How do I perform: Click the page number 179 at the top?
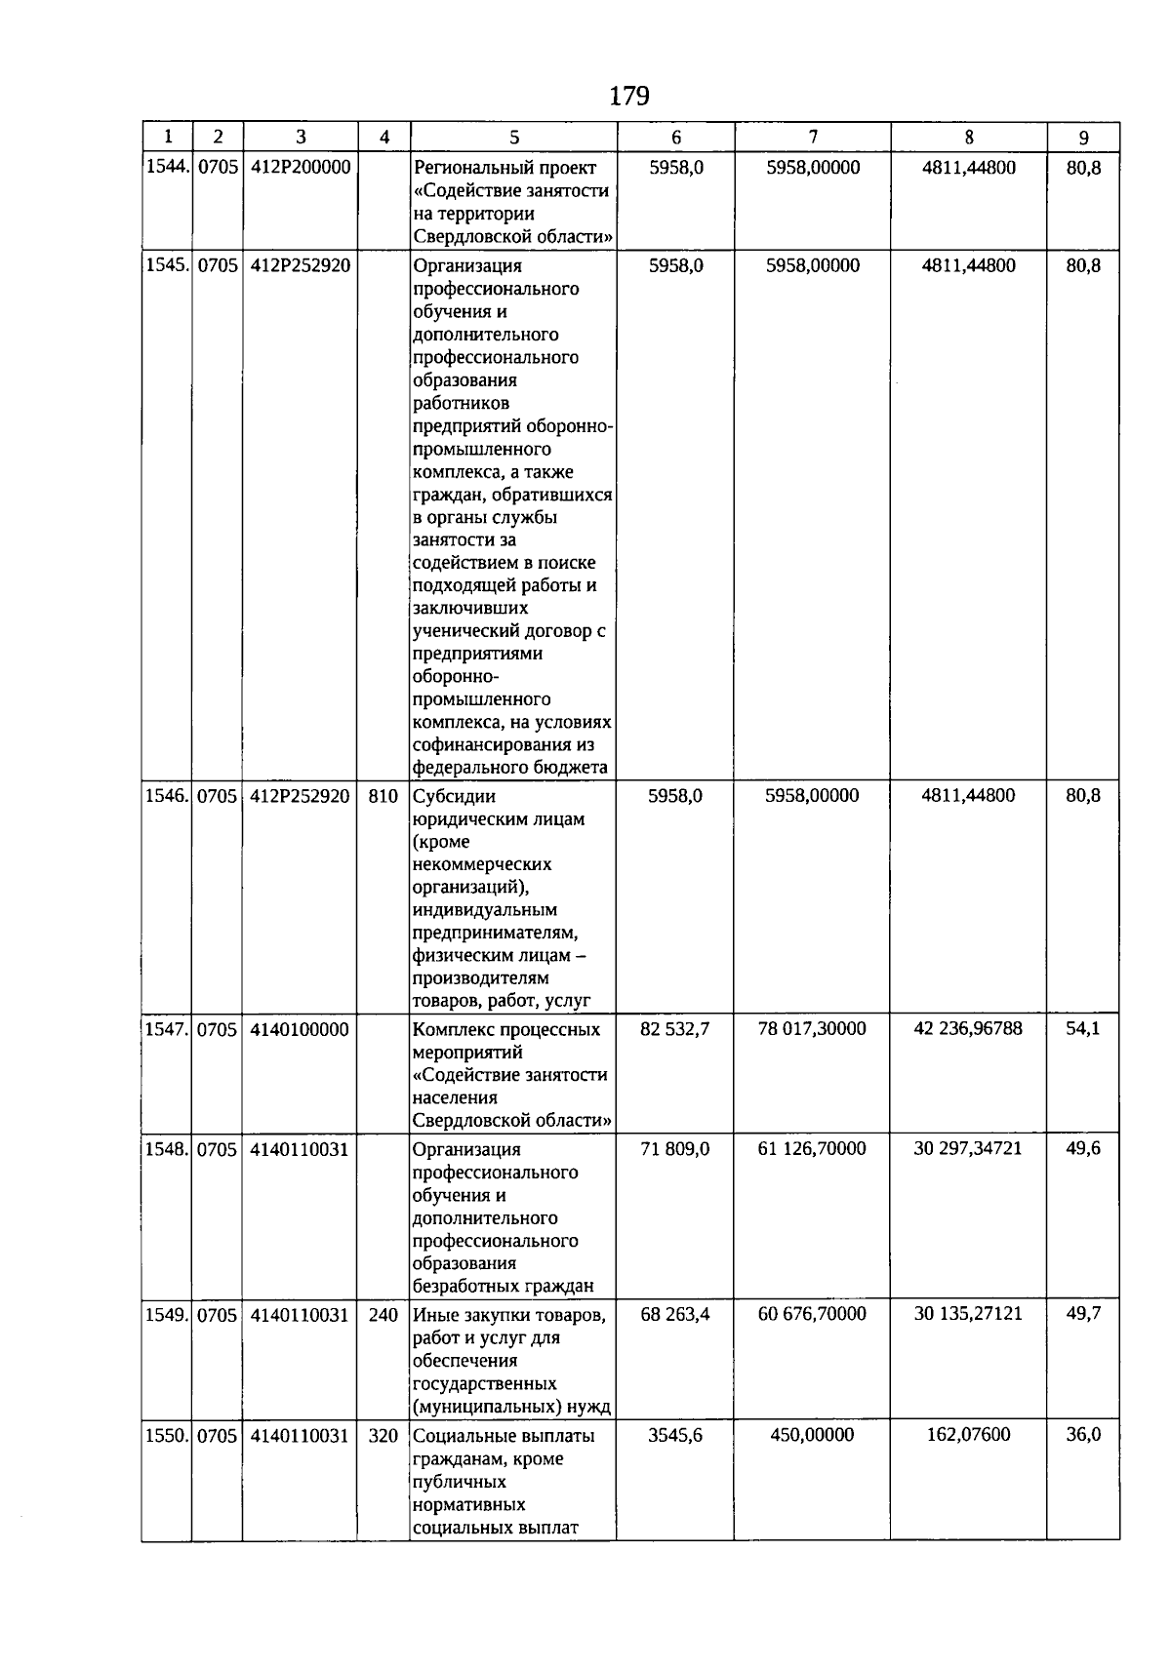628,96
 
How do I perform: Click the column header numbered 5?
514,138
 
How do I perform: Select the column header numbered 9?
1083,138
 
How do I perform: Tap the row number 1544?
167,168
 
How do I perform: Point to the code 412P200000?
300,168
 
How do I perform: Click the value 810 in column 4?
384,796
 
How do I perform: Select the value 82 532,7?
674,1028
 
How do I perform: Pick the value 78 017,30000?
812,1028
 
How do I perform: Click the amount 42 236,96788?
968,1028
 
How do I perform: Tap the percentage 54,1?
1083,1028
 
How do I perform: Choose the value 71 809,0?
674,1148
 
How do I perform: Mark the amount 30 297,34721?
968,1148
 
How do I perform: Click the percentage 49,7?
1083,1314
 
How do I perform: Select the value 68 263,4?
674,1314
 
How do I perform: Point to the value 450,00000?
812,1434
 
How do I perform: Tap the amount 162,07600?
968,1434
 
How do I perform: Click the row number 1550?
167,1435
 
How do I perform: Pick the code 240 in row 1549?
384,1315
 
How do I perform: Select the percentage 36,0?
1083,1434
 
